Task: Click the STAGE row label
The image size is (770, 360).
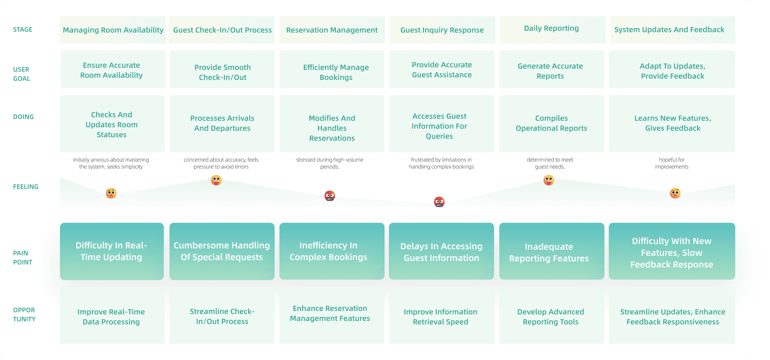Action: coord(23,30)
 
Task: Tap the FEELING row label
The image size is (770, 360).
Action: coord(26,187)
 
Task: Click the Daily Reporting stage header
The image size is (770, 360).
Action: coord(551,29)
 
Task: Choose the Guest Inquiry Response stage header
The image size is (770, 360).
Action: coord(442,30)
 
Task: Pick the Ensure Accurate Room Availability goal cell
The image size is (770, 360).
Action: coord(111,70)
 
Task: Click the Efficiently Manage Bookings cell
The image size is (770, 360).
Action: coord(336,72)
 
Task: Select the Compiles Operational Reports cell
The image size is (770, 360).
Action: coord(551,123)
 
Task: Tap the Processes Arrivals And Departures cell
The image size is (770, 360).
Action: coord(222,123)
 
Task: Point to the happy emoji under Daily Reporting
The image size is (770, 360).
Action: coord(549,180)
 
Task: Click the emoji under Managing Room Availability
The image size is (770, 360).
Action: coord(111,193)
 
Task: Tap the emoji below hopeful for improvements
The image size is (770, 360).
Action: coord(675,193)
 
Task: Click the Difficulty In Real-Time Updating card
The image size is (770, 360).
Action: coord(111,251)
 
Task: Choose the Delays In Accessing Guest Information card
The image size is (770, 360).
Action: coord(441,252)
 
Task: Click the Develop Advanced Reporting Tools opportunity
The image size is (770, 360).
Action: coord(551,316)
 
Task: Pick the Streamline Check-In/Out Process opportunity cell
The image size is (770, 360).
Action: coord(222,316)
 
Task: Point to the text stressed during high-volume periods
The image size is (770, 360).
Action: coord(330,163)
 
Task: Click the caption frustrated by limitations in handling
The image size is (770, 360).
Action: coord(441,163)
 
